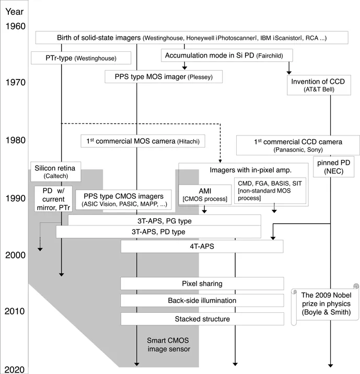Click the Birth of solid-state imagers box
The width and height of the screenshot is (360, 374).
(x=192, y=38)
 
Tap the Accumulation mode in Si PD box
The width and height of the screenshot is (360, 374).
(x=225, y=55)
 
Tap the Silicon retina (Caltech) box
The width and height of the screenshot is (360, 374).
(x=55, y=172)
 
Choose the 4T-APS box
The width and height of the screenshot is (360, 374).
(x=202, y=246)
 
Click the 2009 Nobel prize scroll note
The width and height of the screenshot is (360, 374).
(x=324, y=303)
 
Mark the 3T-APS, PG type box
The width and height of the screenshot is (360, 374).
(x=164, y=221)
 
